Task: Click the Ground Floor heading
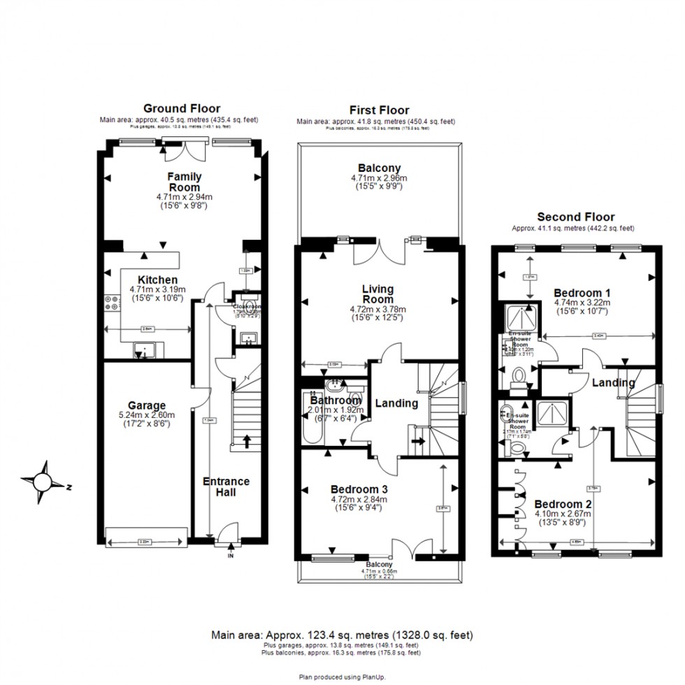[182, 108]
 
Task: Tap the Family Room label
[184, 182]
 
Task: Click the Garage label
[147, 405]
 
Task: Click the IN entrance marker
[231, 557]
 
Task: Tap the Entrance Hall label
[226, 486]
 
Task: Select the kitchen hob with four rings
[111, 302]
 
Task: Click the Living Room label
[377, 294]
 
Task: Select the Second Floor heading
[575, 217]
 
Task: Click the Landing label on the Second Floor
[613, 383]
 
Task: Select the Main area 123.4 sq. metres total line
[342, 635]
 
